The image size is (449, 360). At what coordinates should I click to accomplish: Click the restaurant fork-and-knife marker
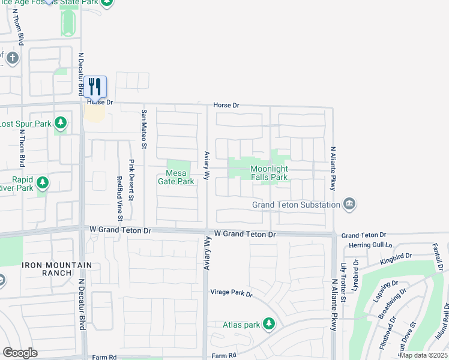95,86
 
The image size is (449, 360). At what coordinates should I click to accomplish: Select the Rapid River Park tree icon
42,182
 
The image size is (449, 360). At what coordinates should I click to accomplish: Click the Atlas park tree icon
269,324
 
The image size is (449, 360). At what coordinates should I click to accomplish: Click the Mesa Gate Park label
176,177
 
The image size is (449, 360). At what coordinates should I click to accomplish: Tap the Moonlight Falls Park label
269,173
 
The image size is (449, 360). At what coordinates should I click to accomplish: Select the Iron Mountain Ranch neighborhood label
57,269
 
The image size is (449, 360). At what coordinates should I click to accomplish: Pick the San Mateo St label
144,128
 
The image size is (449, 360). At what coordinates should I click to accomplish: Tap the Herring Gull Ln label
366,245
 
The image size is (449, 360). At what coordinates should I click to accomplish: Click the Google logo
20,353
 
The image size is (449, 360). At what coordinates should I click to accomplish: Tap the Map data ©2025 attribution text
424,355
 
